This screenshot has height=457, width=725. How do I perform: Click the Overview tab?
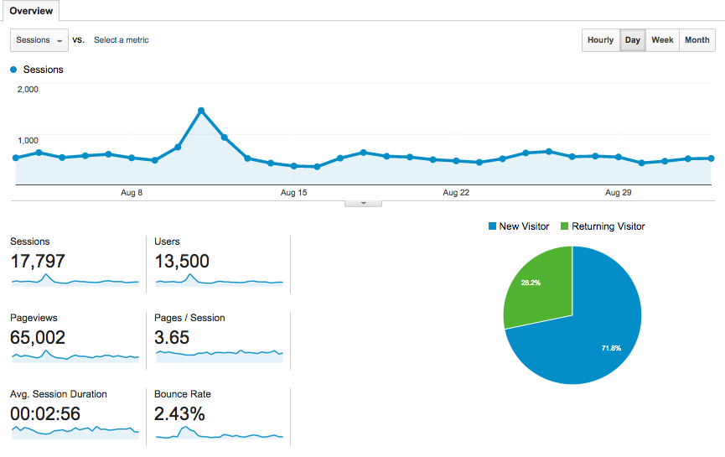click(31, 11)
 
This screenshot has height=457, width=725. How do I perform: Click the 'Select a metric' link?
click(121, 40)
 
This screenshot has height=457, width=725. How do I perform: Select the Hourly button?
click(600, 40)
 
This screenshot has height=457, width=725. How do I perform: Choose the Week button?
click(662, 40)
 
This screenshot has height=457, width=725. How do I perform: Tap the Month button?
click(697, 40)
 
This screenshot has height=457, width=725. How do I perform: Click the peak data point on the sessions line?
click(201, 110)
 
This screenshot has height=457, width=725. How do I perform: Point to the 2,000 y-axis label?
click(28, 90)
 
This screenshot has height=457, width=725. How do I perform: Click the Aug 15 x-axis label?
click(293, 193)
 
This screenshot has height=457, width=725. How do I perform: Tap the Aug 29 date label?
click(618, 193)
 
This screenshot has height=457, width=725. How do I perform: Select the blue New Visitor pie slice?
click(587, 335)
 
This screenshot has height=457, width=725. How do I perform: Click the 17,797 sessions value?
click(38, 262)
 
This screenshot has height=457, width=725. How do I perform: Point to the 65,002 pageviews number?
click(38, 338)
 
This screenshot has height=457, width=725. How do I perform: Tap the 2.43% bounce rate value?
click(179, 414)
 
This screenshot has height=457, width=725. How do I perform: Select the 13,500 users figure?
click(182, 262)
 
